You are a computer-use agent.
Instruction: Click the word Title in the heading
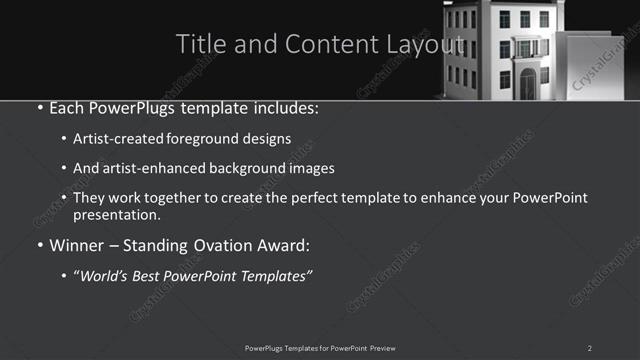click(x=198, y=44)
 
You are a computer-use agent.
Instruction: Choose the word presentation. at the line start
click(x=116, y=214)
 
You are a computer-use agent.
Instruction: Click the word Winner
click(x=77, y=245)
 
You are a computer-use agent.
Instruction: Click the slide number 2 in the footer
click(x=590, y=347)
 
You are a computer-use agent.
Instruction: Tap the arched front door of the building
click(x=527, y=86)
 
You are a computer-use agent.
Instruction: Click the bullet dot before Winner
click(x=39, y=246)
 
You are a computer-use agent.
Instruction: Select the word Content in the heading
click(x=324, y=44)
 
